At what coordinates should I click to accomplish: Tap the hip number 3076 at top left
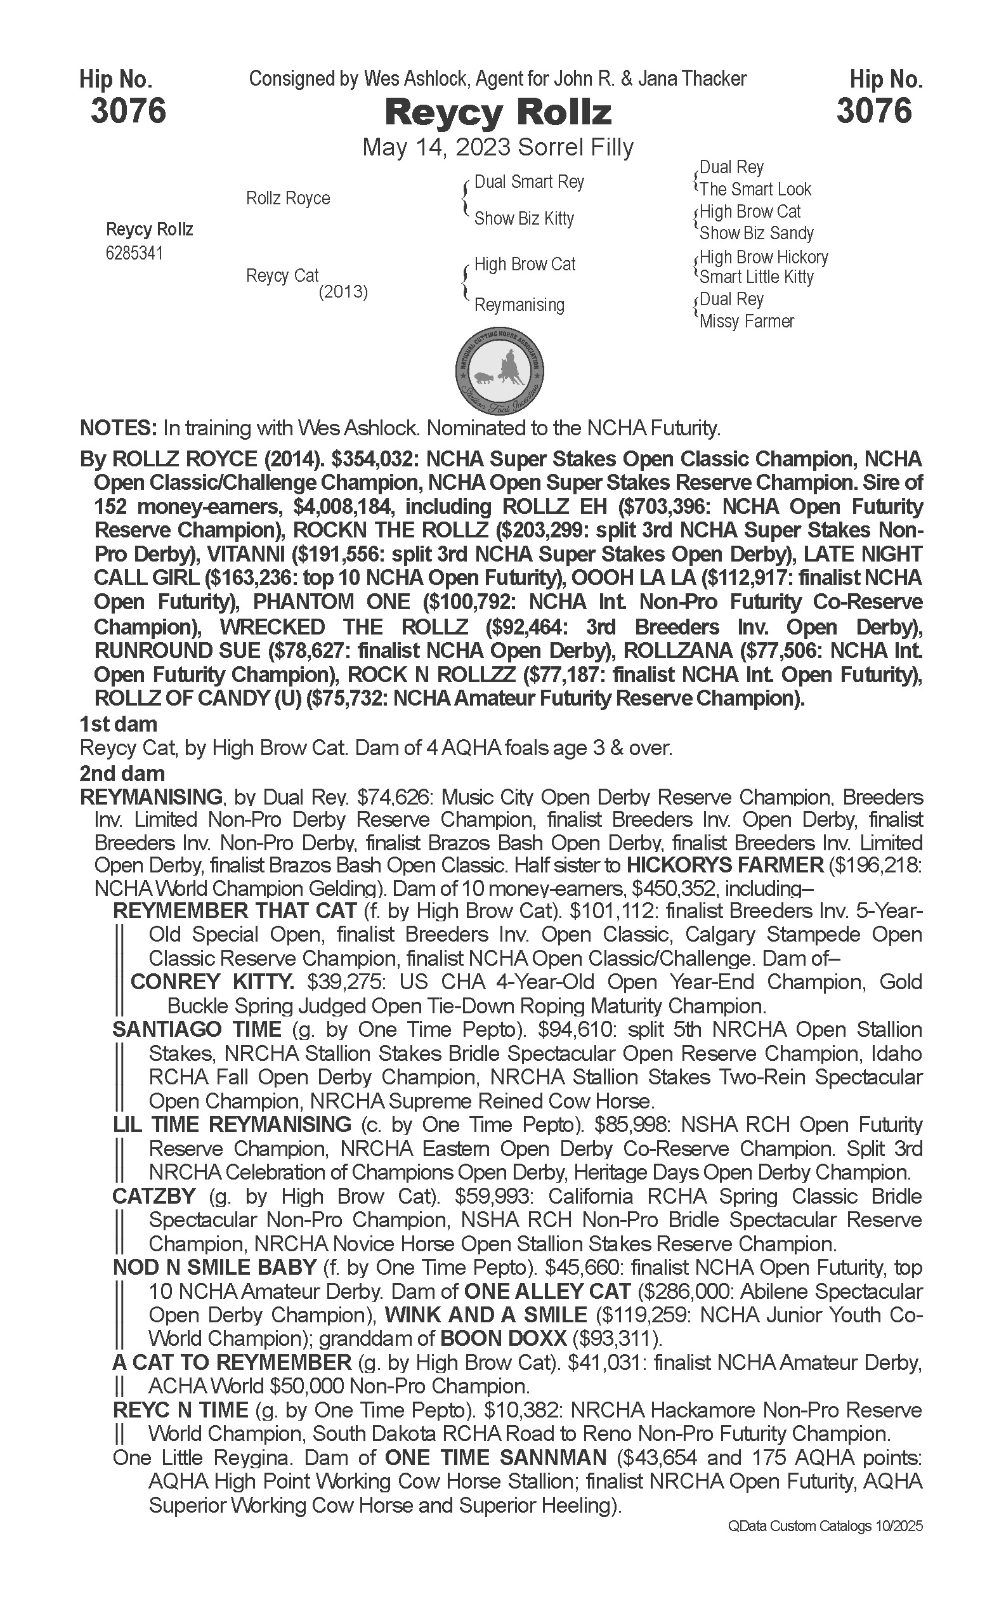(x=128, y=110)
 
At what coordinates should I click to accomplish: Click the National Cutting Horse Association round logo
(x=500, y=371)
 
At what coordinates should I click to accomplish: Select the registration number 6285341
(x=134, y=253)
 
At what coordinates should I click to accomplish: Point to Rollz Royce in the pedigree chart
(x=287, y=198)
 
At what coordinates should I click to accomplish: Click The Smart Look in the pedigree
(x=755, y=190)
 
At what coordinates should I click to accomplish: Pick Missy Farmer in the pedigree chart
(x=747, y=322)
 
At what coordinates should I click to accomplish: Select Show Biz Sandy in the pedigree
(x=757, y=233)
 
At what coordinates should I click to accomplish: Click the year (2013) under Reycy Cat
(x=343, y=291)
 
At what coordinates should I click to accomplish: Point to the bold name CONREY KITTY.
(x=212, y=982)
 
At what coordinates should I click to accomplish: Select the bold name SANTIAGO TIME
(x=197, y=1029)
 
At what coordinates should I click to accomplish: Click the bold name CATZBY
(x=154, y=1195)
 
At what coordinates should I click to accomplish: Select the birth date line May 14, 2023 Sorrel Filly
(x=497, y=147)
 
